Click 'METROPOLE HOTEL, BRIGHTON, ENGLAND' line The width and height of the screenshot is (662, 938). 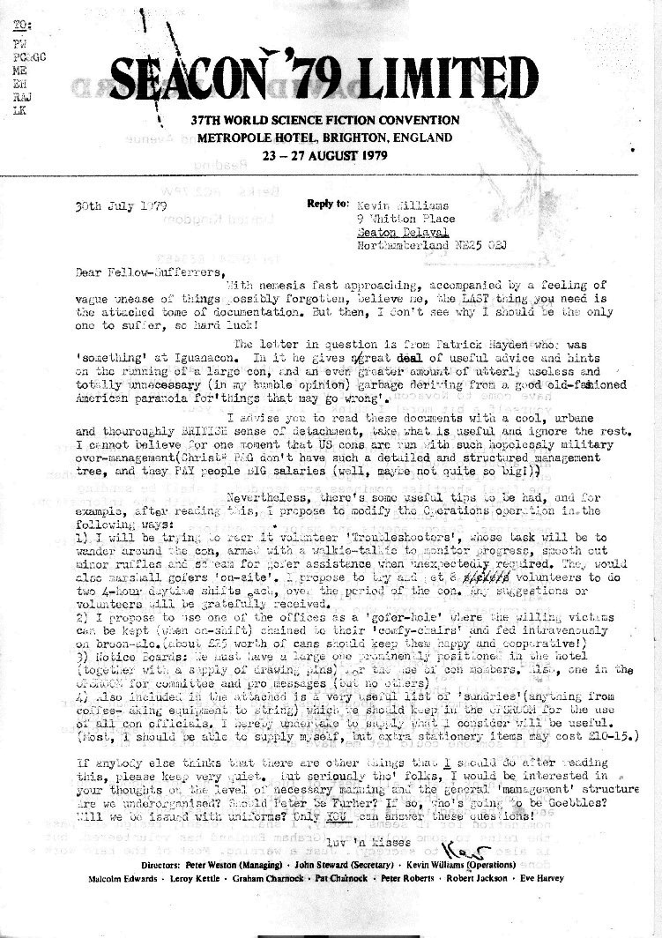coord(325,138)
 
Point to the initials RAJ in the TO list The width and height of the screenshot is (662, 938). coord(19,101)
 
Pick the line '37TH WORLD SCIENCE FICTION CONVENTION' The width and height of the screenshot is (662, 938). coord(325,120)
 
